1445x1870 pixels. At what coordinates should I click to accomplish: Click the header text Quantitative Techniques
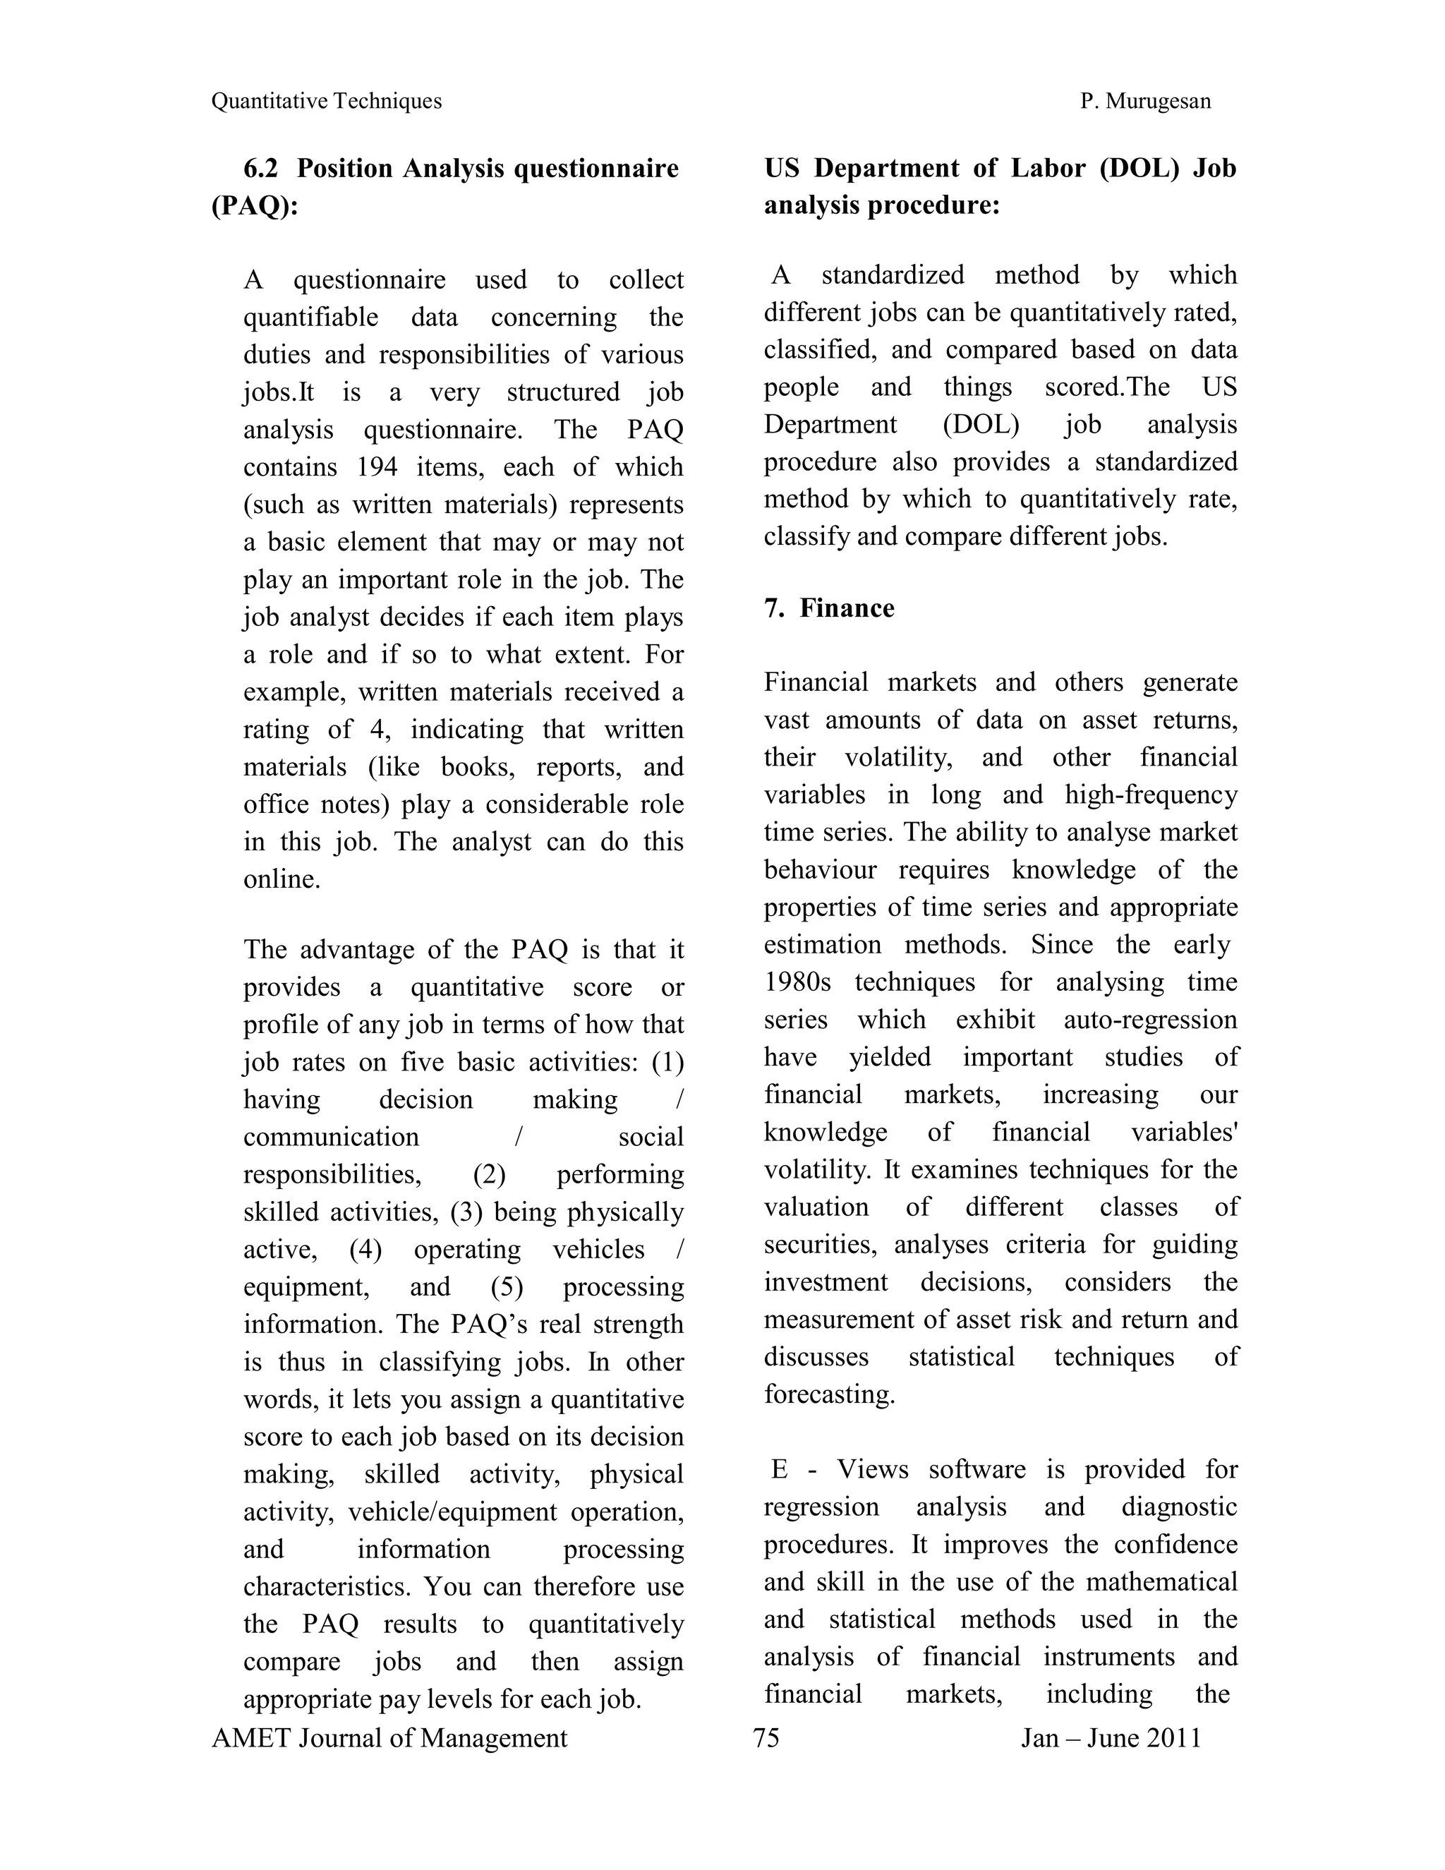pos(326,101)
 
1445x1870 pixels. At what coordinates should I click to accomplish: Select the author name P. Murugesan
pos(1144,101)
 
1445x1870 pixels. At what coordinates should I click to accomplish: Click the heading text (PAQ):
pos(254,205)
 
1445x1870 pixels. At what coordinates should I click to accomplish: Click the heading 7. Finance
pos(828,608)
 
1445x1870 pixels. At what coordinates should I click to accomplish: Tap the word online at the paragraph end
pos(281,879)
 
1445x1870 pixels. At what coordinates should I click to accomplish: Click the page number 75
pos(766,1738)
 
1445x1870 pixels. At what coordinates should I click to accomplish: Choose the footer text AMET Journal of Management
pos(389,1738)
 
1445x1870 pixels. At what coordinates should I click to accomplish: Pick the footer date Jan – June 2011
pos(1111,1738)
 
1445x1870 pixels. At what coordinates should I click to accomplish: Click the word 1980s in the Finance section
pos(797,982)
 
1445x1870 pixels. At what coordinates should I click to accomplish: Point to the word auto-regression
pos(1149,1020)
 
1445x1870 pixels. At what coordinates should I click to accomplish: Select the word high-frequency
pos(1151,795)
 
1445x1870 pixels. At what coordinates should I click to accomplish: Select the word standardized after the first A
pos(892,275)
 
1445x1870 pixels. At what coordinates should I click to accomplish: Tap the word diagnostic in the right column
pos(1179,1507)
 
